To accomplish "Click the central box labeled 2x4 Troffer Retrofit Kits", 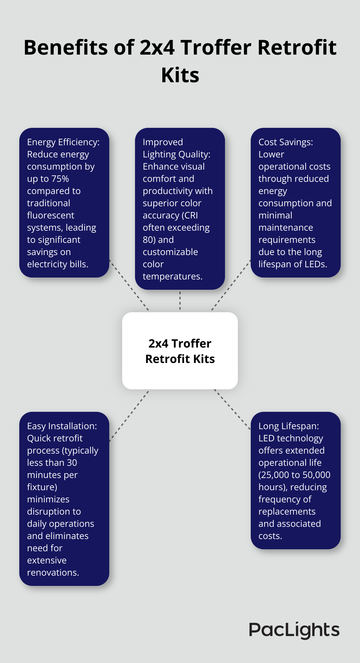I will [x=180, y=351].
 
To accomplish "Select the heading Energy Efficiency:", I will [x=63, y=142].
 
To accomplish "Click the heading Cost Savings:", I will [x=285, y=142].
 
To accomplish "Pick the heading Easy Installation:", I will [x=62, y=426].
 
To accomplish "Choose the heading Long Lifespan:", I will [x=289, y=426].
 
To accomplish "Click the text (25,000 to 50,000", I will [x=294, y=475].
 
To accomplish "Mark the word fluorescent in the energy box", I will [x=50, y=215].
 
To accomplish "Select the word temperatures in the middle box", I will [x=172, y=276].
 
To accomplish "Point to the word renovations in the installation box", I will [x=53, y=572].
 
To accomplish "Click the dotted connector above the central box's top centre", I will [x=180, y=301].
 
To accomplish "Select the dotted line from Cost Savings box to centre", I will [x=230, y=286].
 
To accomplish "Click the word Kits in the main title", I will [x=180, y=75].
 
